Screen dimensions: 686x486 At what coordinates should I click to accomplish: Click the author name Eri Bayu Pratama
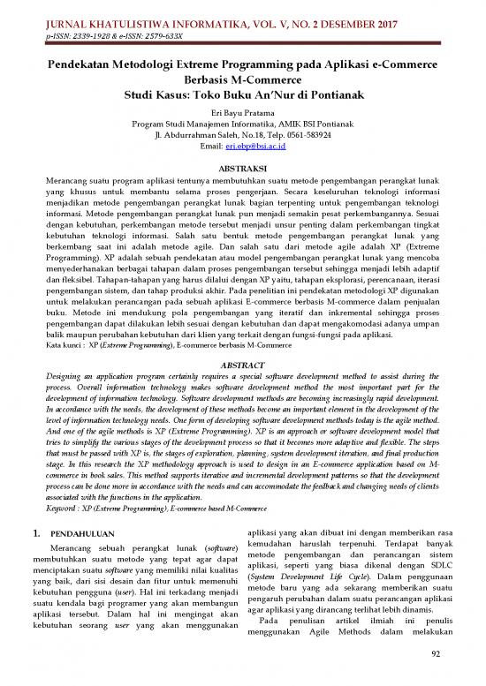[x=243, y=114]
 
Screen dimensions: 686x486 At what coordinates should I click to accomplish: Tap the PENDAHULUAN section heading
[x=88, y=536]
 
